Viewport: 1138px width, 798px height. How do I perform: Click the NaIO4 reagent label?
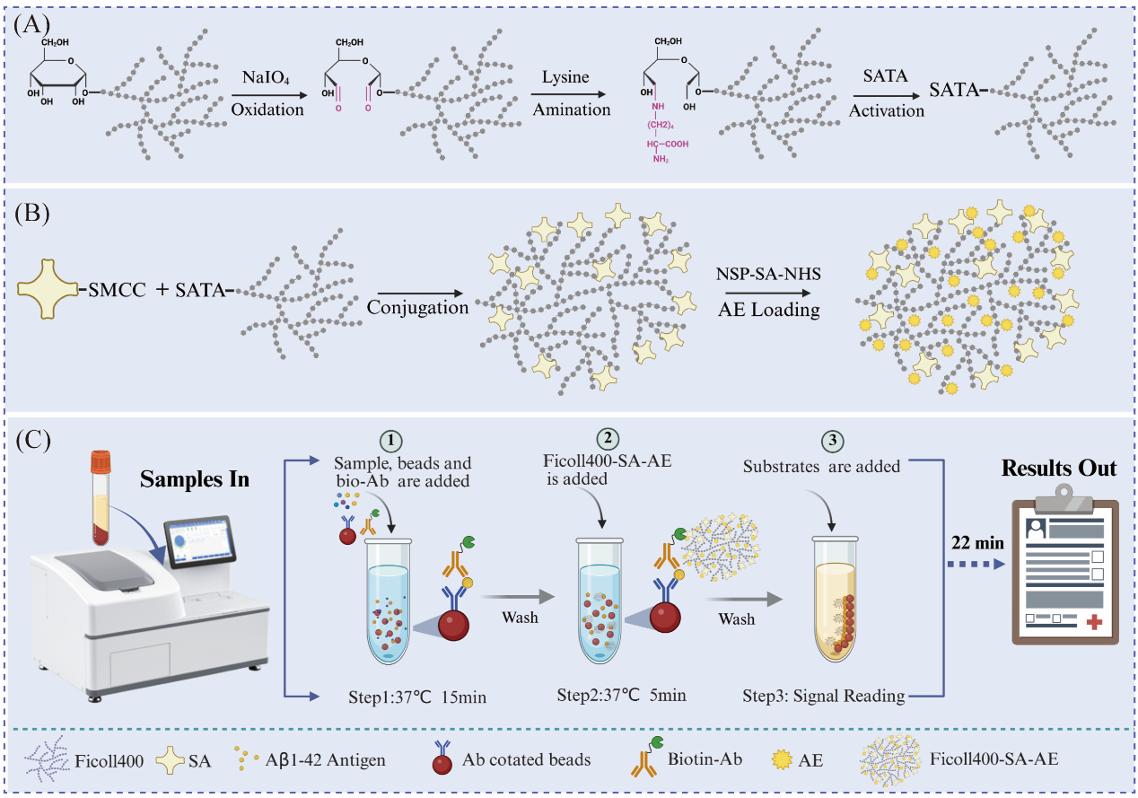point(266,78)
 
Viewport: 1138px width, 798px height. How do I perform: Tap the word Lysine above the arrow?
point(565,77)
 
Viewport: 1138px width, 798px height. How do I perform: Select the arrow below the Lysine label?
point(568,94)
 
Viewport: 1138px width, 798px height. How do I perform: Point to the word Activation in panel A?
point(887,110)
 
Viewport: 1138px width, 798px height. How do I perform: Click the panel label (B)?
point(32,214)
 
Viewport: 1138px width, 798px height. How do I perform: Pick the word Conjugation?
point(417,308)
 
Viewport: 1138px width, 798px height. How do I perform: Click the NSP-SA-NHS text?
point(768,274)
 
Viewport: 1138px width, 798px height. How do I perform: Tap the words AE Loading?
point(768,309)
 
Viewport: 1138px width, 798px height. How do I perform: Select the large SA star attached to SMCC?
point(48,289)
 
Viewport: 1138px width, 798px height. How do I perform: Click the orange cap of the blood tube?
point(101,461)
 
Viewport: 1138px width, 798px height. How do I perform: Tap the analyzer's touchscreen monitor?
point(199,542)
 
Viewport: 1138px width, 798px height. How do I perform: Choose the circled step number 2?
point(608,439)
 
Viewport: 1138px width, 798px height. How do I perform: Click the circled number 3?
point(833,441)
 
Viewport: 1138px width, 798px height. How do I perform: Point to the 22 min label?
point(977,543)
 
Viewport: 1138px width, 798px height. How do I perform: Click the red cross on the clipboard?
point(1094,622)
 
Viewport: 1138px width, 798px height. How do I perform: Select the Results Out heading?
point(1059,469)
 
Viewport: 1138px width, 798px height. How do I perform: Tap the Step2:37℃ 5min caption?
point(621,695)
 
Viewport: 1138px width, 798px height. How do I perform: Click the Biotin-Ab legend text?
point(705,759)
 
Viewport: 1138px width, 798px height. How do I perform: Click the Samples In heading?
point(195,479)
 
